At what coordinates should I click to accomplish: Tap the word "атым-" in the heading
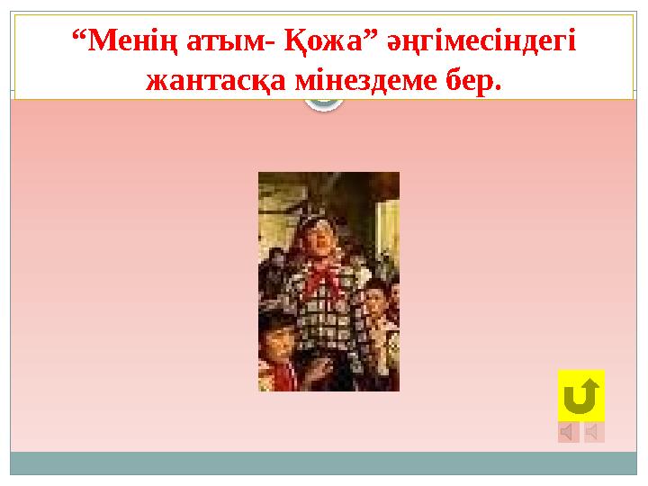(x=229, y=43)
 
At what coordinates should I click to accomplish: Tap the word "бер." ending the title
(x=475, y=82)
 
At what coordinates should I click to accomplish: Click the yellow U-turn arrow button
(x=580, y=395)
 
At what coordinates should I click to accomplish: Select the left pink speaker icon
(x=568, y=433)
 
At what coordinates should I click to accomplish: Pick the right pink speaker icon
(x=594, y=433)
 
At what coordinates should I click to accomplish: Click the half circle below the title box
(x=324, y=104)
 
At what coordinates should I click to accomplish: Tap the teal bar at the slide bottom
(x=324, y=463)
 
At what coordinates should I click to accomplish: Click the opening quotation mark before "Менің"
(x=76, y=38)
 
